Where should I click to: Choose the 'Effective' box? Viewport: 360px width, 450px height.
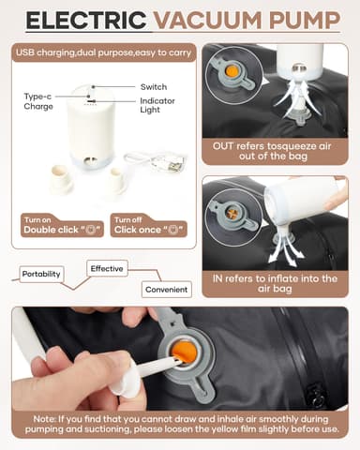tap(108, 268)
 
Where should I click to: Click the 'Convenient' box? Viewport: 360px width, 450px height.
tap(166, 290)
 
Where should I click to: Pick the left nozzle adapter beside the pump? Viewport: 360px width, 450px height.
tap(62, 179)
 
